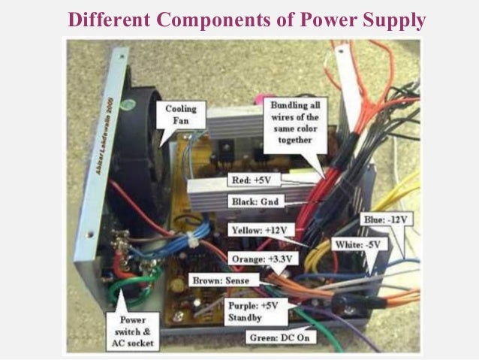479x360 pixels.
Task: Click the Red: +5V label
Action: coord(252,180)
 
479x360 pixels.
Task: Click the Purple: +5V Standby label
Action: coord(253,310)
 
